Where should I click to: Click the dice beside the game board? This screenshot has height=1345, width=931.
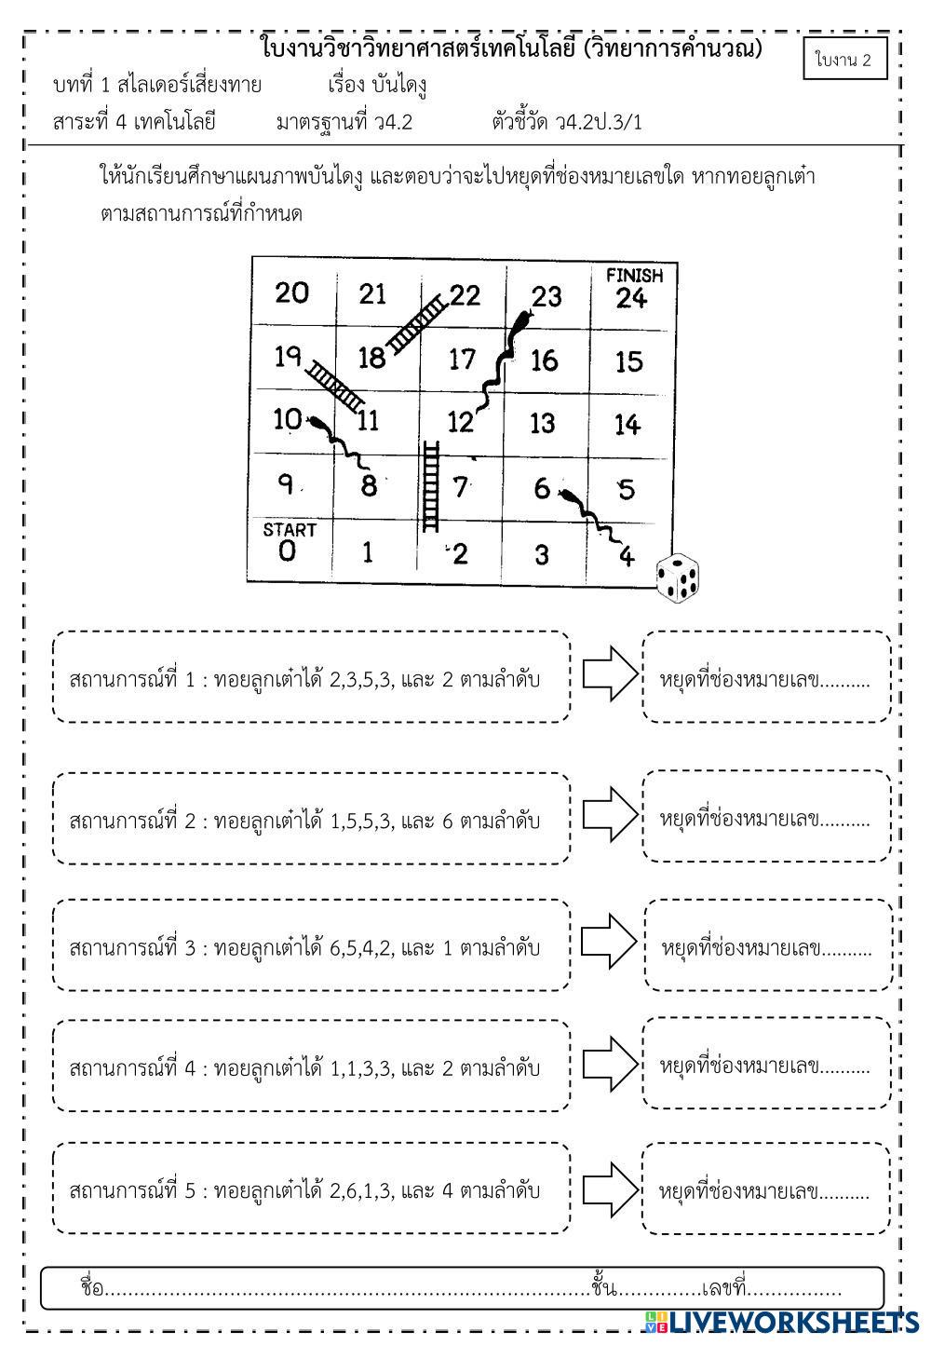pos(678,577)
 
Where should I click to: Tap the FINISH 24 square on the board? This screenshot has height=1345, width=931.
pos(632,291)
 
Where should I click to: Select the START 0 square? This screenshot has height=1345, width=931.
pos(289,546)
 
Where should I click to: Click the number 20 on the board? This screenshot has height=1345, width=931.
pos(291,292)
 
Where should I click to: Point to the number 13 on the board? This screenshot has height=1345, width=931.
pos(542,424)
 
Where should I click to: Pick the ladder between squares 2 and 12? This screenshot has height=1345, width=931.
pos(431,486)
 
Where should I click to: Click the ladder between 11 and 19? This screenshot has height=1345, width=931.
pos(335,386)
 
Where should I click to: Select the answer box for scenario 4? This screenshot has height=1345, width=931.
pos(765,1064)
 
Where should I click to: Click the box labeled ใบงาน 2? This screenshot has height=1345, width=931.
pos(844,60)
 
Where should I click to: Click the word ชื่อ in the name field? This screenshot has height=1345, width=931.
pos(91,1289)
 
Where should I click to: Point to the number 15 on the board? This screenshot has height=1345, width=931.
pos(629,361)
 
